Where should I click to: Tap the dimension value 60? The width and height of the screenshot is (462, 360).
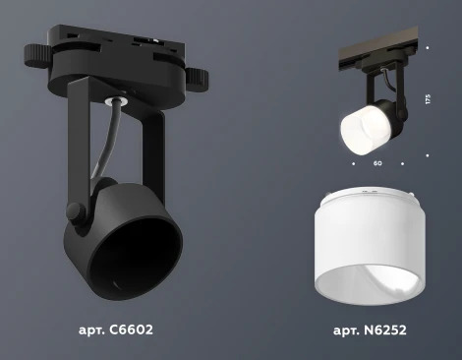coord(377,163)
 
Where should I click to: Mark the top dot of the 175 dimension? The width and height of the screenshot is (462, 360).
coord(428,46)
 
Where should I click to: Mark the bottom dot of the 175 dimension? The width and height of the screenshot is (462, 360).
coord(428,154)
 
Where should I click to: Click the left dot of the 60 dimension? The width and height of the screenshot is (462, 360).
coord(352,162)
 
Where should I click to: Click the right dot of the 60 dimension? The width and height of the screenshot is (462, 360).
coord(402,162)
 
